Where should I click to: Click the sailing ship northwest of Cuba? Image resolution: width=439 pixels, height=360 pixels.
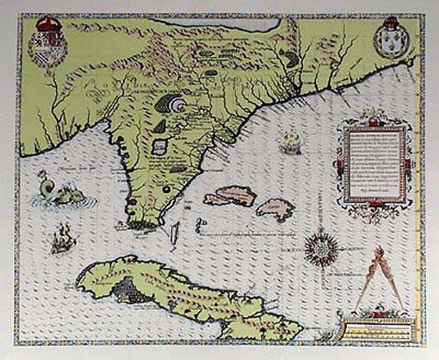pos(62,237)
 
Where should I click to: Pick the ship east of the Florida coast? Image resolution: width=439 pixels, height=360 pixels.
pos(291,140)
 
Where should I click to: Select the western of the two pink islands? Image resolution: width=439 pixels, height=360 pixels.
pos(230,196)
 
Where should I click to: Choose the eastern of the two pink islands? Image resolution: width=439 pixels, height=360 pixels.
pos(275,209)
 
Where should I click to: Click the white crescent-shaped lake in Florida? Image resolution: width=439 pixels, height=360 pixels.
pos(181,104)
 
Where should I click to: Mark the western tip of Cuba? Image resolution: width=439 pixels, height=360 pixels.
pos(80,282)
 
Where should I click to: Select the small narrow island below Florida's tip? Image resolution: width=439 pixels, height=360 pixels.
pos(173,234)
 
